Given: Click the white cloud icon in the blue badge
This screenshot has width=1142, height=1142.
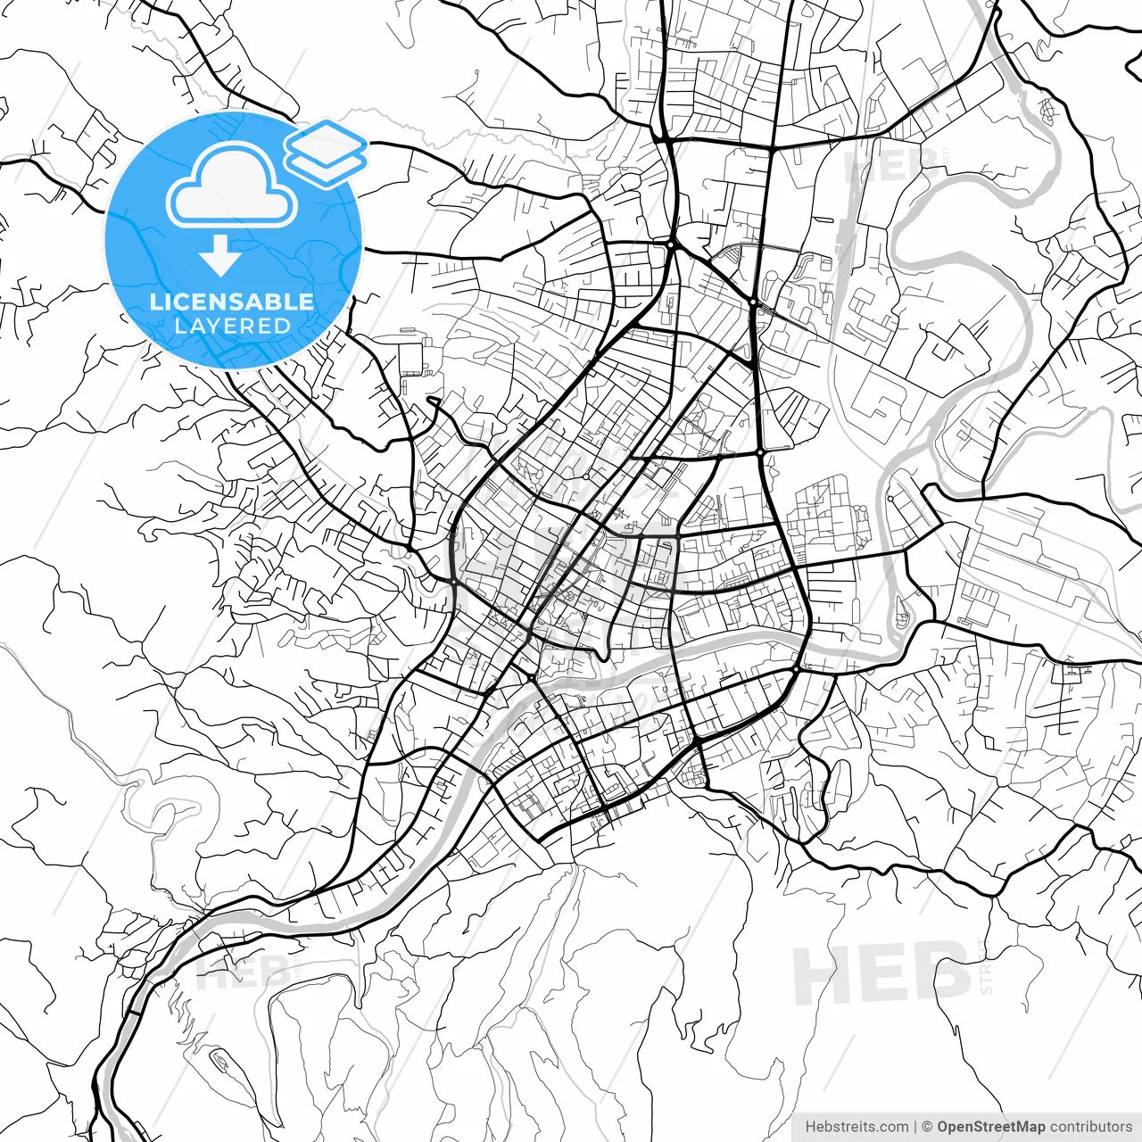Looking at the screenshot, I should pyautogui.click(x=232, y=185).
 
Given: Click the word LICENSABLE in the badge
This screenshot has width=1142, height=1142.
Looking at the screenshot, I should pyautogui.click(x=232, y=302).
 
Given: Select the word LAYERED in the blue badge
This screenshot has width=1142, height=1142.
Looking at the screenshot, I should pyautogui.click(x=232, y=326).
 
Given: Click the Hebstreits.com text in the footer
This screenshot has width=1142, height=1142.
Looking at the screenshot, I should pyautogui.click(x=856, y=1127).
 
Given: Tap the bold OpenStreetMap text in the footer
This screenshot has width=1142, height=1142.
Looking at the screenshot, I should pyautogui.click(x=990, y=1127).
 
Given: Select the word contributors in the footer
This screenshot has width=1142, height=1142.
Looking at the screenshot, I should pyautogui.click(x=1090, y=1127).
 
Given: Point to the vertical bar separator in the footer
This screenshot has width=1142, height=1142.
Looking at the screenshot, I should pyautogui.click(x=915, y=1127).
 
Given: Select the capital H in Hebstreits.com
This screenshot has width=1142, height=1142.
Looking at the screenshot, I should pyautogui.click(x=810, y=1127).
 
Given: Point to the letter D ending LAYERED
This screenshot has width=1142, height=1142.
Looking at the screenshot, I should pyautogui.click(x=282, y=326).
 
